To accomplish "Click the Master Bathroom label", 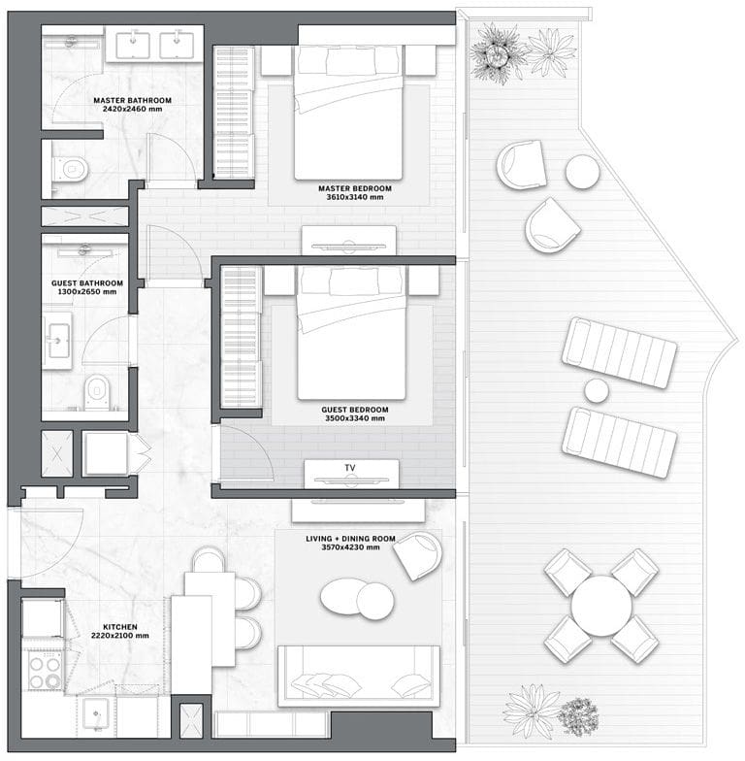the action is (132, 101).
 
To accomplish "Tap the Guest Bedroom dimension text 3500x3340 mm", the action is (355, 418).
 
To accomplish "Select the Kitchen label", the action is (120, 627).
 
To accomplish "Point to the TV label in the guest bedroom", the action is (350, 468).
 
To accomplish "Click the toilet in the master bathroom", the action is (72, 169).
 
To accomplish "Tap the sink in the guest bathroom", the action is (58, 340).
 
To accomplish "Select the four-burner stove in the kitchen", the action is (45, 671).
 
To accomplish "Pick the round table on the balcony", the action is (601, 606).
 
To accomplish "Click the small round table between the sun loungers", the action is (596, 390).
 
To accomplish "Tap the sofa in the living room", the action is (359, 676).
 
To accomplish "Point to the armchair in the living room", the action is (418, 555).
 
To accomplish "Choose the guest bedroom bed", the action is (351, 333).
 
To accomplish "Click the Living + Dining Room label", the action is (350, 539).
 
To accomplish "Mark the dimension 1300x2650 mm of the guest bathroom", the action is (87, 291).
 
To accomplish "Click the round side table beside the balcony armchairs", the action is (582, 171).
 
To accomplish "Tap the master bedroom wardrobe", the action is (234, 113).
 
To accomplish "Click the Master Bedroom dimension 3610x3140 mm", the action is (355, 197).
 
